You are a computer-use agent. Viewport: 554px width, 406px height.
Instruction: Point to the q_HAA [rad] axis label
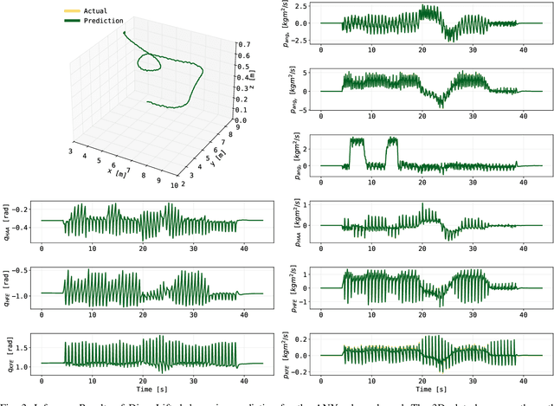point(9,218)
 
